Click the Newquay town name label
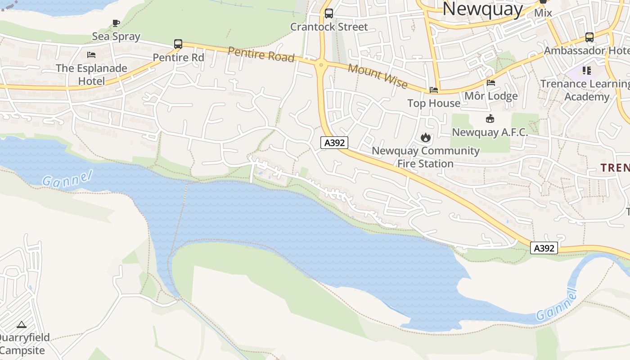tap(482, 9)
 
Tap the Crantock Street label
tap(329, 27)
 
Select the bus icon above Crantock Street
tap(329, 13)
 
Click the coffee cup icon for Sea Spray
tap(116, 23)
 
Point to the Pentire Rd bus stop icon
tap(178, 44)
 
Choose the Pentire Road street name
tap(261, 54)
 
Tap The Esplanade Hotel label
tap(91, 75)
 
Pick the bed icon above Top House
tap(434, 90)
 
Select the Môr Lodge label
tap(491, 96)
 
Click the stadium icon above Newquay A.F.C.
tap(490, 119)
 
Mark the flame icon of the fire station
tap(425, 137)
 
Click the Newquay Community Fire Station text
tap(425, 157)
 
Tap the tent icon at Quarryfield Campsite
tap(22, 324)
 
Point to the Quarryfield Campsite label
tap(23, 344)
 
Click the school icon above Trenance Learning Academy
tap(586, 70)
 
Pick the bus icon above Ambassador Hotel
tap(589, 37)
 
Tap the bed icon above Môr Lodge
tap(491, 83)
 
